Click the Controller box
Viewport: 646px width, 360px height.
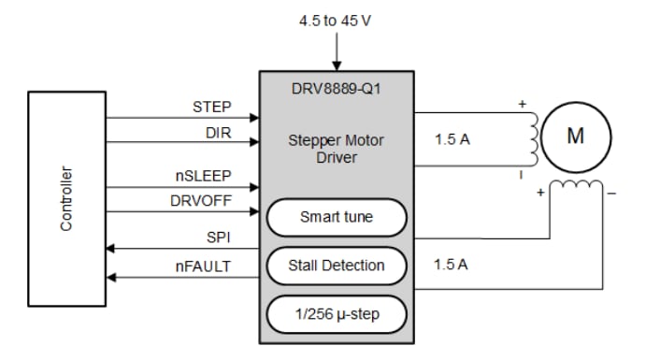pyautogui.click(x=68, y=198)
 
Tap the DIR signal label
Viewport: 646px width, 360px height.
pyautogui.click(x=218, y=133)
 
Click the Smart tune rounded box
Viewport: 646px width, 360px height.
pyautogui.click(x=337, y=217)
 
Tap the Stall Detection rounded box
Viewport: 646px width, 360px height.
pyautogui.click(x=337, y=266)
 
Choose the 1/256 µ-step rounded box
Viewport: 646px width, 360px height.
pyautogui.click(x=337, y=313)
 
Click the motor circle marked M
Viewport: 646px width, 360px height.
pyautogui.click(x=575, y=137)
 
